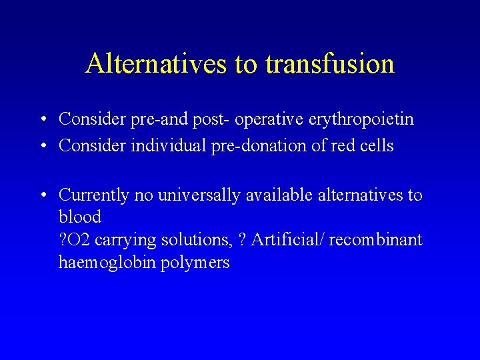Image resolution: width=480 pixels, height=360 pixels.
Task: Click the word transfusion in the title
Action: tap(330, 64)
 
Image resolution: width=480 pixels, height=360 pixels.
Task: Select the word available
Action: tap(279, 195)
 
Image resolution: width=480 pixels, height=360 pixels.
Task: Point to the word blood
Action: tap(80, 217)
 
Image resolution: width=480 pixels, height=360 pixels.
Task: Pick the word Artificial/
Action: tap(287, 239)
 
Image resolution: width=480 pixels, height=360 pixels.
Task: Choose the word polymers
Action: tap(195, 263)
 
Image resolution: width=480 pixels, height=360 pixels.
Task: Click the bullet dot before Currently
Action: tap(43, 195)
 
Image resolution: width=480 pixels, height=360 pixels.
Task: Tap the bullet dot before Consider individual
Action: tap(43, 146)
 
